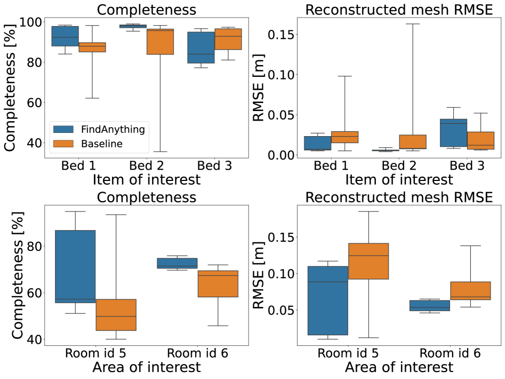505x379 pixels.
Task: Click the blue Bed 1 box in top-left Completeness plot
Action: click(x=65, y=36)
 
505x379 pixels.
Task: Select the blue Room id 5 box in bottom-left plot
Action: click(x=75, y=266)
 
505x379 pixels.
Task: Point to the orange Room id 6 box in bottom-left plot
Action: click(x=218, y=283)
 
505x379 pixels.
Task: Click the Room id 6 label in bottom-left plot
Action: click(x=197, y=353)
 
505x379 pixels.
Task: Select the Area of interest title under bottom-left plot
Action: click(x=146, y=367)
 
